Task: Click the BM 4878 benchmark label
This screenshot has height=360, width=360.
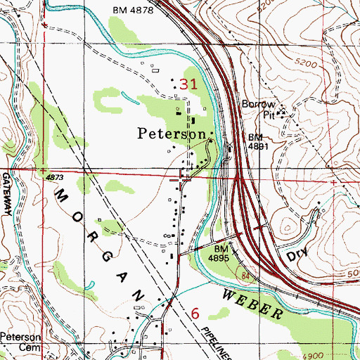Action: click(131, 9)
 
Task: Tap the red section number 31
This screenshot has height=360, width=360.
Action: click(188, 84)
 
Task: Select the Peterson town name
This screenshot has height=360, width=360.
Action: click(172, 133)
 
